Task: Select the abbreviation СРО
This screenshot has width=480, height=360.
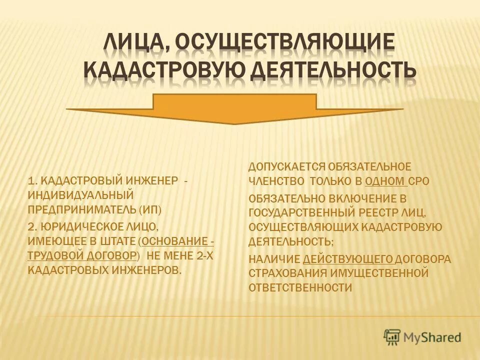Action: pyautogui.click(x=419, y=180)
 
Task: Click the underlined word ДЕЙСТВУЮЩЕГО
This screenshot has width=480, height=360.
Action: pyautogui.click(x=348, y=259)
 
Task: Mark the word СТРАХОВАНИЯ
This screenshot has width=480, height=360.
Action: pyautogui.click(x=287, y=273)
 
